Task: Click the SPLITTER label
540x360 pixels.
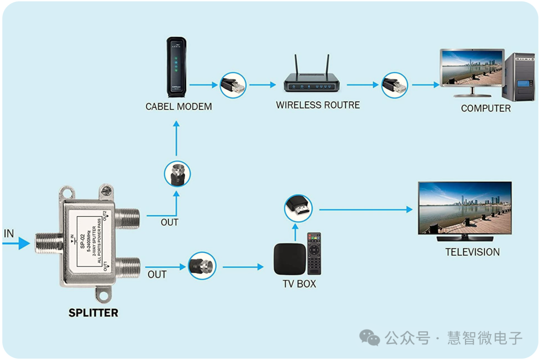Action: [93, 313]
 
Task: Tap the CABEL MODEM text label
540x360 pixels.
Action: [178, 106]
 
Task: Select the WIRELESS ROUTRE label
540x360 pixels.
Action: [318, 105]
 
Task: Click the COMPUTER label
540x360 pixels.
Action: [485, 108]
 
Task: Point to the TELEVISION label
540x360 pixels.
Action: [472, 252]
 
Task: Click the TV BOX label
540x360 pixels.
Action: [299, 284]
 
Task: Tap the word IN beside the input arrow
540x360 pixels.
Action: [9, 233]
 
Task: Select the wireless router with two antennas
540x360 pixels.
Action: [312, 80]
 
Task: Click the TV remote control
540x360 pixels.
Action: [314, 253]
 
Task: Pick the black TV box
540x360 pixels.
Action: [289, 259]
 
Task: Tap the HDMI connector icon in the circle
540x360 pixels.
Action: [298, 209]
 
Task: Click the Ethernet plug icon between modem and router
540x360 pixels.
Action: [233, 85]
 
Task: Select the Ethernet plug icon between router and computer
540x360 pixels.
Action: [394, 85]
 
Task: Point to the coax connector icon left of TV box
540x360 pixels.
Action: [202, 266]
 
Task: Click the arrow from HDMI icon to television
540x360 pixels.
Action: [365, 209]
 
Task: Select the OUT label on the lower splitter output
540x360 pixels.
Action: [157, 274]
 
